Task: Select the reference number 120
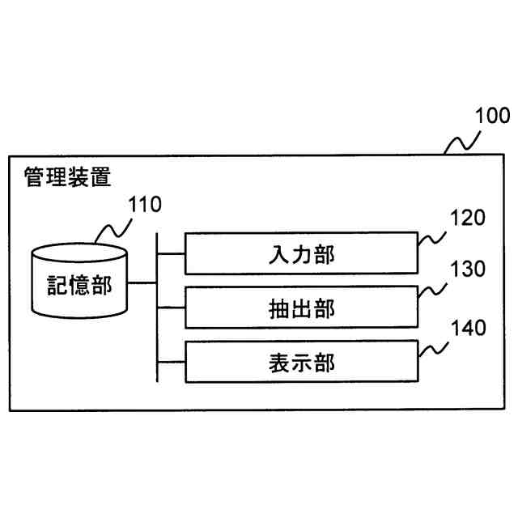[468, 217]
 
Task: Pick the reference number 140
[468, 328]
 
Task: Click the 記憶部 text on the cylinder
[79, 285]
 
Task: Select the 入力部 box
[301, 255]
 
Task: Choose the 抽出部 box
[301, 308]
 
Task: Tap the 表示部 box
[301, 362]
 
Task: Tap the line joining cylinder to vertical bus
[142, 283]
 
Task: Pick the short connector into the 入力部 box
[171, 254]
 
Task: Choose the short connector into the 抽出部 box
[171, 308]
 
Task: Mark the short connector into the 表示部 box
[171, 361]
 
